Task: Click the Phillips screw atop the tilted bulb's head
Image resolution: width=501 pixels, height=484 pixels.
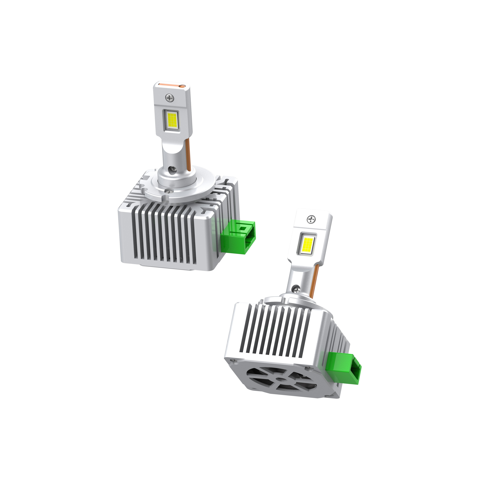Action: click(x=311, y=219)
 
